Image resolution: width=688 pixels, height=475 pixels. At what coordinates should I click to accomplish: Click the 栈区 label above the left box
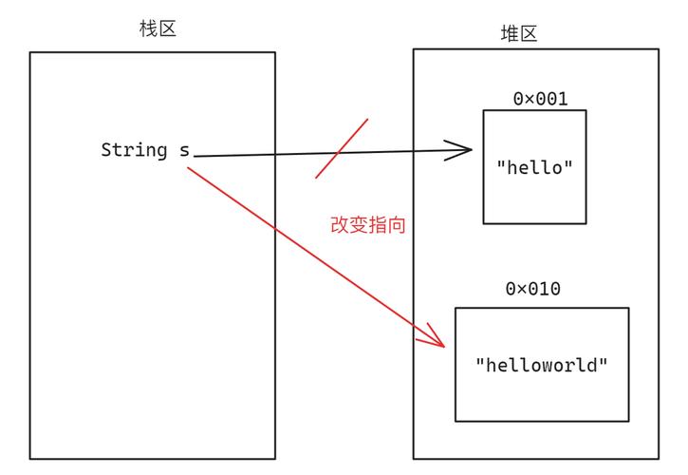tap(158, 28)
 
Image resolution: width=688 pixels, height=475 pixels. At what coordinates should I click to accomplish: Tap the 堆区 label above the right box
tap(519, 33)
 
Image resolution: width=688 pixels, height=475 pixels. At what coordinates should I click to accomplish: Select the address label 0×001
tap(540, 99)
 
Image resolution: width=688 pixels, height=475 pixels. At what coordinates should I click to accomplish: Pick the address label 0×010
tap(532, 288)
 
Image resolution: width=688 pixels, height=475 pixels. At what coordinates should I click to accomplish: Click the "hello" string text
tap(535, 167)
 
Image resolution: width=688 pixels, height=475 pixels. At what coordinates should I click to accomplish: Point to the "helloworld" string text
tap(541, 365)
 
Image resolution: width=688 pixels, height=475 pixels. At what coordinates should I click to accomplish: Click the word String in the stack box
tap(132, 150)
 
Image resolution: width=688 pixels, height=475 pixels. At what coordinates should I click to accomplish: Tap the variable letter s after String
tap(184, 150)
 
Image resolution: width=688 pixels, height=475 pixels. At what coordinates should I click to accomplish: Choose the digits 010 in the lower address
tap(545, 288)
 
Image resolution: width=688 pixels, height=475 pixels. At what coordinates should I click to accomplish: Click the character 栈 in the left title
tap(148, 28)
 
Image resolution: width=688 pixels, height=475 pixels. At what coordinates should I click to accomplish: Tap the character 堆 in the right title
tap(510, 33)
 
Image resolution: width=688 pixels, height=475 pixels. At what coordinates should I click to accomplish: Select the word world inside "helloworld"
tap(566, 365)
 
